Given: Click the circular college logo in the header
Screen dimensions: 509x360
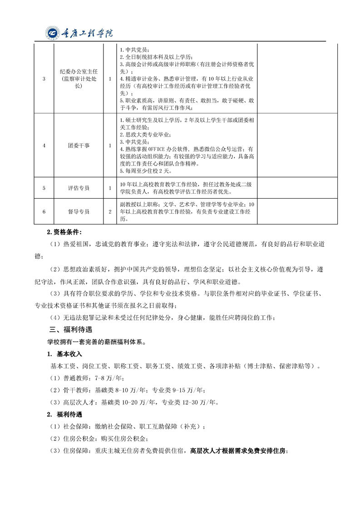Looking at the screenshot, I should pos(53,33).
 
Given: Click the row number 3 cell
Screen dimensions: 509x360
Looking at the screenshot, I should pos(44,78).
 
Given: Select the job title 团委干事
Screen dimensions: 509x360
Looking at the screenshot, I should pos(79,145).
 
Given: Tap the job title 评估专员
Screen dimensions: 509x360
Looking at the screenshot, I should pos(79,187).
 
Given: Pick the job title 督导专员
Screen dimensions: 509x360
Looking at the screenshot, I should pos(79,211).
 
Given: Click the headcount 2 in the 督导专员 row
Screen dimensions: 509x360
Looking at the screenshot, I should pos(110,211).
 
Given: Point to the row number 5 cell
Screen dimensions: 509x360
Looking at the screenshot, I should pos(44,187).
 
